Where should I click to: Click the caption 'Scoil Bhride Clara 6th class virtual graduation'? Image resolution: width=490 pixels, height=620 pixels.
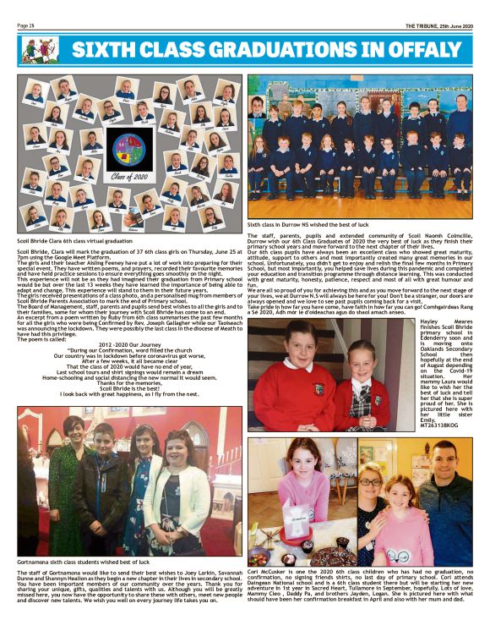[72, 241]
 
